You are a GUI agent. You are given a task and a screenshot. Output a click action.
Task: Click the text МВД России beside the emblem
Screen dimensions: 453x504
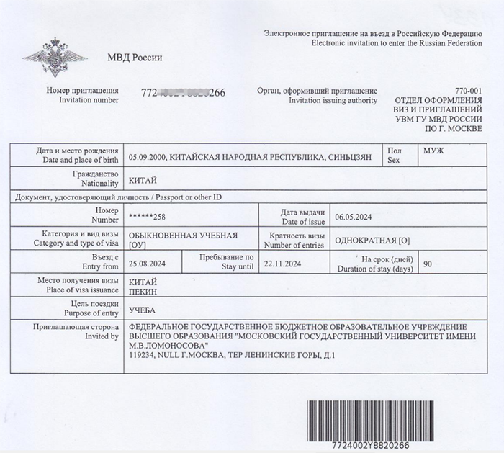135,58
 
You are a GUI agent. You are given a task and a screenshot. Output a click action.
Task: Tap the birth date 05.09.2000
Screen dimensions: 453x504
147,156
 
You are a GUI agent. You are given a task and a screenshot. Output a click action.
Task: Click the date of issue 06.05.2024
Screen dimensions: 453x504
353,217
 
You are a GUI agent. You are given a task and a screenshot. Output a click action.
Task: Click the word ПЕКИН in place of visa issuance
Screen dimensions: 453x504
142,292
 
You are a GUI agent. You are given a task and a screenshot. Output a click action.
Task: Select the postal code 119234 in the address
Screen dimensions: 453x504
141,356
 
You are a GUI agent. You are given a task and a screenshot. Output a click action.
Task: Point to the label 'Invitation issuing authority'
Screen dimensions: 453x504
333,101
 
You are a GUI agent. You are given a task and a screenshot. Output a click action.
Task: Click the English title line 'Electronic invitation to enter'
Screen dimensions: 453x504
397,43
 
